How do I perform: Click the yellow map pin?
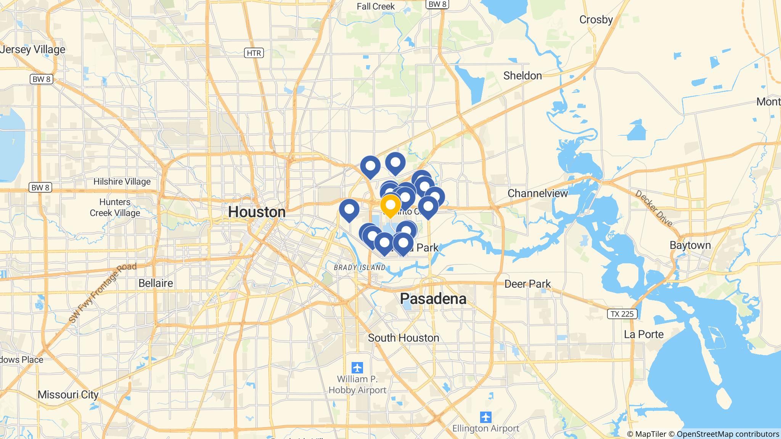coord(390,205)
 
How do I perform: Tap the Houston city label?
coord(257,212)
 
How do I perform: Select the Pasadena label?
coord(433,299)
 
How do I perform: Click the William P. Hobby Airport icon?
coord(357,368)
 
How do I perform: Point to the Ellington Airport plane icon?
coord(486,417)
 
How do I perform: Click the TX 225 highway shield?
coord(622,314)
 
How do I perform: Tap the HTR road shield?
coord(254,53)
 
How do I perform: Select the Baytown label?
coord(690,245)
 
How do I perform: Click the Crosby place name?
coord(596,19)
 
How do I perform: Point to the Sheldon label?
coord(522,75)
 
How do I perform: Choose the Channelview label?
coord(538,193)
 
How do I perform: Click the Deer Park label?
coord(527,284)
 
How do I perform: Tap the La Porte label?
coord(644,334)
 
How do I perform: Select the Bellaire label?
coord(156,283)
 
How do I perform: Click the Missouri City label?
coord(68,394)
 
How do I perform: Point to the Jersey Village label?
coord(33,50)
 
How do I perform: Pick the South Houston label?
coord(403,338)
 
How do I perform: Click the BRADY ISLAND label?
coord(360,268)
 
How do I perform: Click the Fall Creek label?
coord(376,6)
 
